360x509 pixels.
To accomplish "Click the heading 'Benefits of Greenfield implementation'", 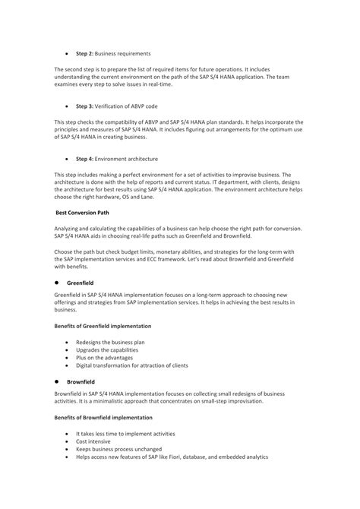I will coord(103,325).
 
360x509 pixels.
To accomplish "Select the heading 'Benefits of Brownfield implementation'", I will coord(103,418).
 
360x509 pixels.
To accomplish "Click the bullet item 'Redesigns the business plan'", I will coord(110,342).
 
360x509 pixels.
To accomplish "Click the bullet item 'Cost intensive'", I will coord(93,441).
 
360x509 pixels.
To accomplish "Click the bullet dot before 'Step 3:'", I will coord(68,106).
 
